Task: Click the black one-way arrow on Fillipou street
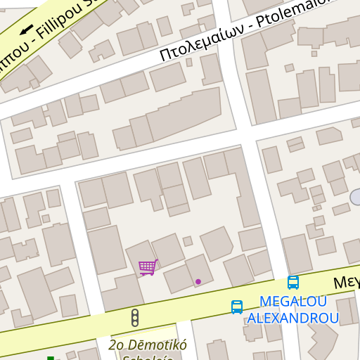[27, 30]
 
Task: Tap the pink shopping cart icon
[147, 267]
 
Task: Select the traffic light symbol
[135, 318]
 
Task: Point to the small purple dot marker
[198, 281]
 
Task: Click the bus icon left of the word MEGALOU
[237, 307]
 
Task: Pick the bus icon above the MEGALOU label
[293, 283]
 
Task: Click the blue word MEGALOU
[293, 302]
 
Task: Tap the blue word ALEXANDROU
[292, 318]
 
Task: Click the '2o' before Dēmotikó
[117, 345]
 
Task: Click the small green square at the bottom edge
[51, 359]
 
